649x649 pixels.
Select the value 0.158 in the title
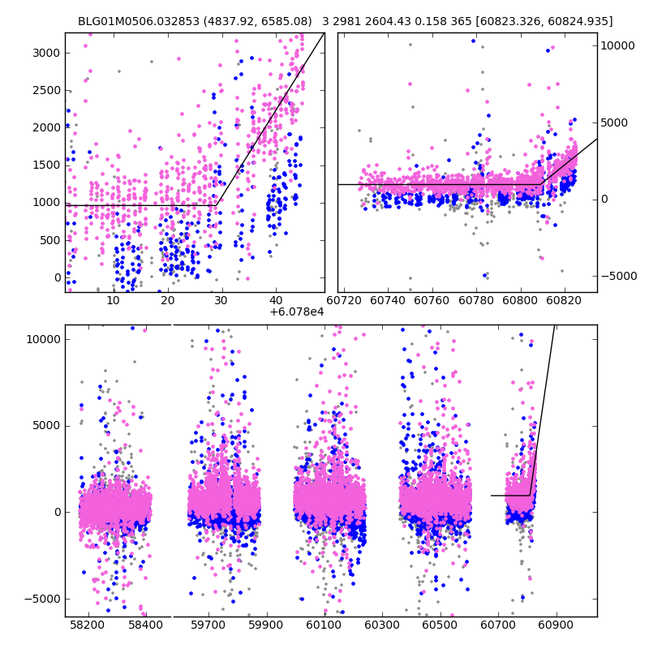click(420, 21)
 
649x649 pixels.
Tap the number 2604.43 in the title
click(380, 21)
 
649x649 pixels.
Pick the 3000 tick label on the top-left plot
click(46, 53)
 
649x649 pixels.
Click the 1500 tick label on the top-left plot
click(46, 165)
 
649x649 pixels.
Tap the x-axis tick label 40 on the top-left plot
click(276, 301)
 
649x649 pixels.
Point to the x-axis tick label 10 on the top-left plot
click(113, 301)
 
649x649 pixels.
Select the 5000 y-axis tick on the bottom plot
click(46, 425)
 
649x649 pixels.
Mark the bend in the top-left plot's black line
click(217, 205)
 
